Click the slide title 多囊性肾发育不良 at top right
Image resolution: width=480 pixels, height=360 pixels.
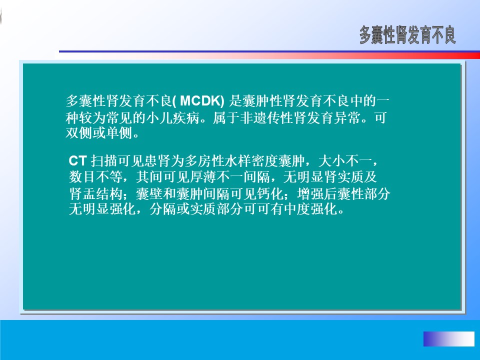407,35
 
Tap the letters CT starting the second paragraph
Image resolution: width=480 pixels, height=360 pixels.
78,160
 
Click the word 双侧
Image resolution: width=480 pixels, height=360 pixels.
79,133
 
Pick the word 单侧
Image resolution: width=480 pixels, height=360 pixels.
119,133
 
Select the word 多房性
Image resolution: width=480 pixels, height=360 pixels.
204,160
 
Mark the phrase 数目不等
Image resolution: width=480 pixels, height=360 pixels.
95,176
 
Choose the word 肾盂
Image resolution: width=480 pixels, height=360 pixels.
82,193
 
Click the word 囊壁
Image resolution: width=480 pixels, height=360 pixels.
149,193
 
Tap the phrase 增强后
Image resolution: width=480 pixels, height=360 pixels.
317,193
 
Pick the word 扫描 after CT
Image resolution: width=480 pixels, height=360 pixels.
104,160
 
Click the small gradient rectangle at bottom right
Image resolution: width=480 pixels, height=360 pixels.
449,338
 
